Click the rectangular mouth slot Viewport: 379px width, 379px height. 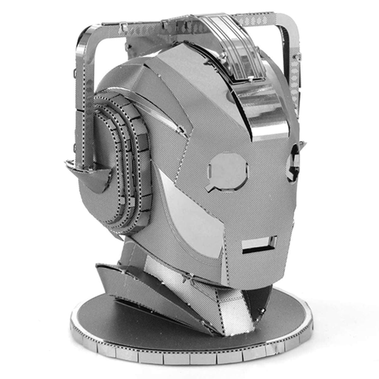(x=259, y=245)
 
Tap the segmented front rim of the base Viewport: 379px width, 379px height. (x=189, y=357)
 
